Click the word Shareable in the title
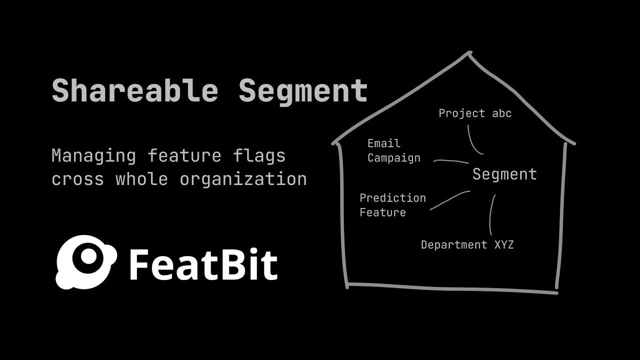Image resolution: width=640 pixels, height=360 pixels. click(135, 91)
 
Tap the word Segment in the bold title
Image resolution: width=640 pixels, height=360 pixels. click(303, 91)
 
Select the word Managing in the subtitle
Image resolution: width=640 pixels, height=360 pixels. click(93, 155)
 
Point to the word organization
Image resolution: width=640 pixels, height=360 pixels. click(243, 179)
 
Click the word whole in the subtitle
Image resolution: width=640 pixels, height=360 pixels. click(141, 179)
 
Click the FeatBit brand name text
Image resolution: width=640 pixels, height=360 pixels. click(203, 264)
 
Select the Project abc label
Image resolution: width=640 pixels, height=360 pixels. click(475, 113)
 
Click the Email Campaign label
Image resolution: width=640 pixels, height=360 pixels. click(394, 150)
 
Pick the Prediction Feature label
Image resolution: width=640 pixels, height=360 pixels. click(392, 205)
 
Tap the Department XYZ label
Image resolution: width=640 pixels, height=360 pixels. click(467, 245)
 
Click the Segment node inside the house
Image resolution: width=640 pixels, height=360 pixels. click(504, 174)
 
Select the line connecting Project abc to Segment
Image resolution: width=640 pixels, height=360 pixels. click(472, 141)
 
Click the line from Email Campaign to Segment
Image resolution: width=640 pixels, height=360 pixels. click(450, 161)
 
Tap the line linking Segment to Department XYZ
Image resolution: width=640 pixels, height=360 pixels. click(491, 215)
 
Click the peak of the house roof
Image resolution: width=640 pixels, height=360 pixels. click(469, 52)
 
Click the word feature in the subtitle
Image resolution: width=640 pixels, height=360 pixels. click(184, 155)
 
